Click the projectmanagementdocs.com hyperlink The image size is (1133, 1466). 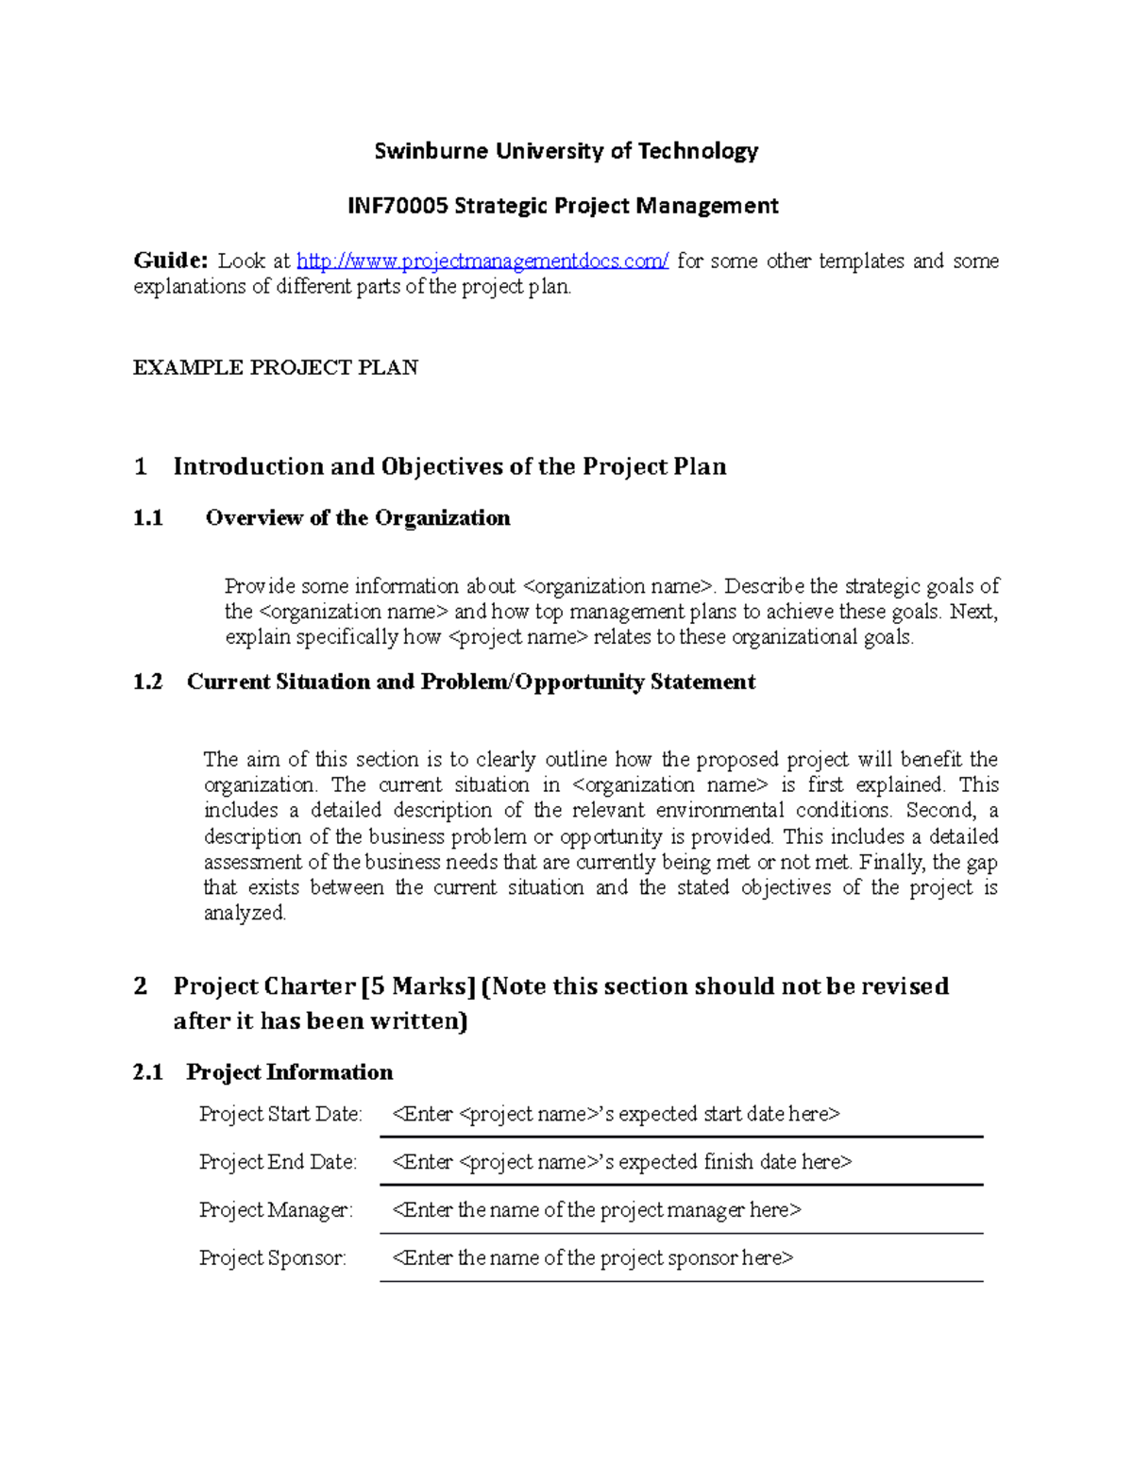pos(482,261)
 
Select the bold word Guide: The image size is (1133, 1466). pos(170,261)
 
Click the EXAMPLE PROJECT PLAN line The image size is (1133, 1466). pos(276,368)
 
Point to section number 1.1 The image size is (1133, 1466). pos(148,518)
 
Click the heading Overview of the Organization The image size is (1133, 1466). pos(358,518)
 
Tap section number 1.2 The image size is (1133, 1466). pos(148,682)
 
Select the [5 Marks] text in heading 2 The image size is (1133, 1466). pos(418,986)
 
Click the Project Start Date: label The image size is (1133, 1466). pos(280,1115)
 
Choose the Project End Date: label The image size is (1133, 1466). pos(278,1163)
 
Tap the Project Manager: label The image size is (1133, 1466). pos(276,1210)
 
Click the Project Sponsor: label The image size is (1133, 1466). pos(272,1258)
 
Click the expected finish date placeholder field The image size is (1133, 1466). pos(621,1163)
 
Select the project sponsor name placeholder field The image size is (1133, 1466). pos(592,1258)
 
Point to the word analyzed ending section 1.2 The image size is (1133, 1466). pos(244,914)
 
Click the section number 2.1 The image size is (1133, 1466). pos(148,1072)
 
